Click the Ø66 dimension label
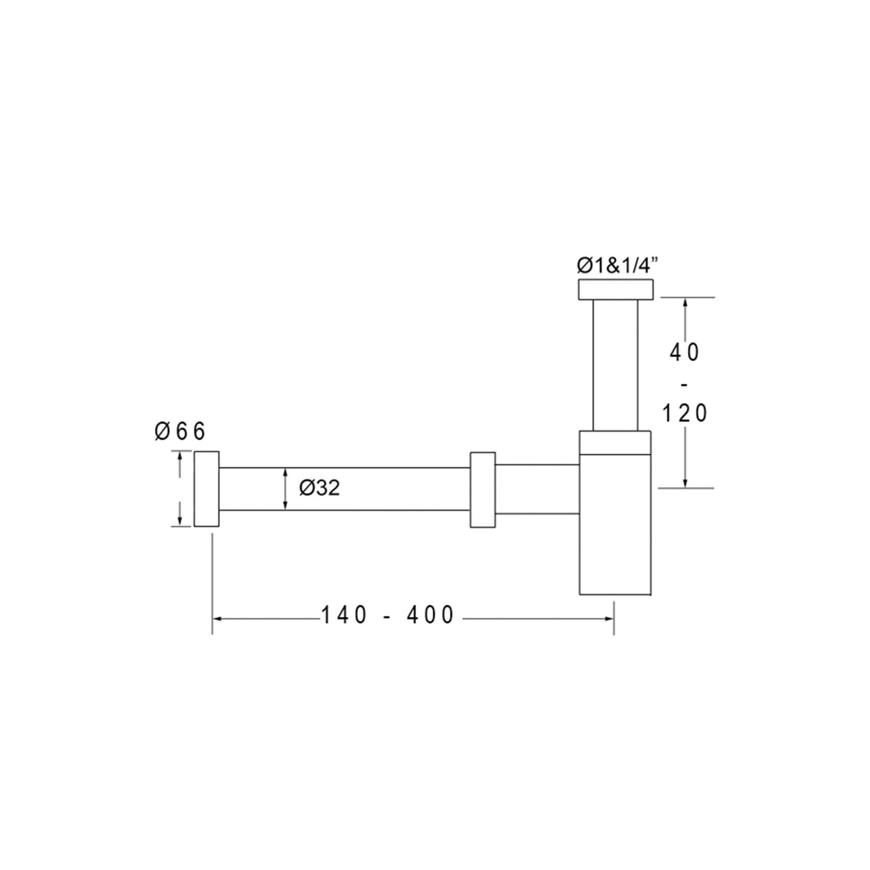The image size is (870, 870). click(x=180, y=431)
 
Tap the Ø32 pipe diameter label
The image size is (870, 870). click(x=320, y=487)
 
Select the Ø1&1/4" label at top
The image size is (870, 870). click(x=617, y=266)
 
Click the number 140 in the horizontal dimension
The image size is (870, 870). click(x=345, y=615)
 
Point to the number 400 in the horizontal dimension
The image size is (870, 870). click(x=430, y=615)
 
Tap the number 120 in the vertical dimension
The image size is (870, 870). click(x=685, y=414)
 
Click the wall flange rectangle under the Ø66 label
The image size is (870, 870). click(x=207, y=489)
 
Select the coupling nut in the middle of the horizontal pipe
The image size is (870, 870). click(x=483, y=490)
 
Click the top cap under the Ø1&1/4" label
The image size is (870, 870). click(x=615, y=289)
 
